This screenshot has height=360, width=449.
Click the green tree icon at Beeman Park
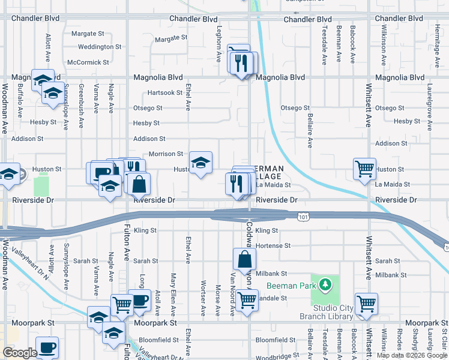pos(325,283)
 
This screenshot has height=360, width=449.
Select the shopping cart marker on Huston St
pos(364,169)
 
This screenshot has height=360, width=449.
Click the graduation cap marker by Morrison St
pos(200,162)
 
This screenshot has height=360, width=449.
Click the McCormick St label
pos(88,62)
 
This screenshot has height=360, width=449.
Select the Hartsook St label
pos(165,92)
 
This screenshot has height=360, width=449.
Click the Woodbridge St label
pos(274,358)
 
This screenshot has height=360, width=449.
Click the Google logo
pos(20,352)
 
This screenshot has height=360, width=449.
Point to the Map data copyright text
pos(412,355)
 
